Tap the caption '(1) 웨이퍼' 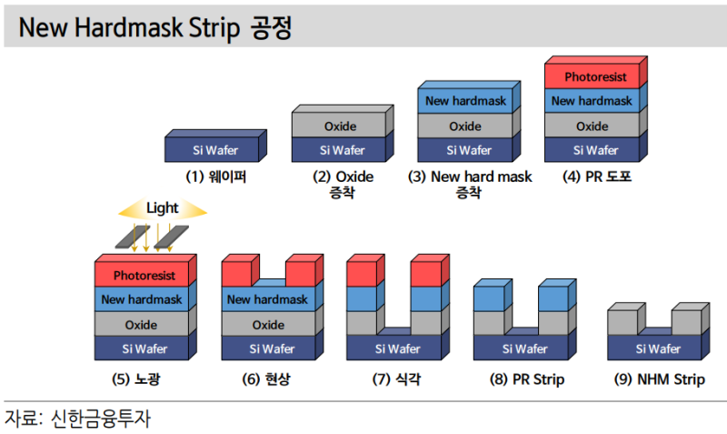[x=216, y=177]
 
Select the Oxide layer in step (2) [x=341, y=126]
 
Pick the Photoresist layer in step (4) [x=593, y=76]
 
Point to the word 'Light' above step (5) [x=163, y=208]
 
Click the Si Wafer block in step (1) [x=216, y=150]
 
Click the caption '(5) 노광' [x=144, y=378]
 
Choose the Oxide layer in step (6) [x=268, y=325]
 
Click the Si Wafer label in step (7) [x=398, y=348]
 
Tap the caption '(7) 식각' [x=397, y=378]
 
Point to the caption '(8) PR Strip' [x=524, y=378]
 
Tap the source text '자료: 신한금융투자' [x=78, y=419]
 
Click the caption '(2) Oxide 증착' [x=343, y=185]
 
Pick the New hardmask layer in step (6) [x=268, y=299]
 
